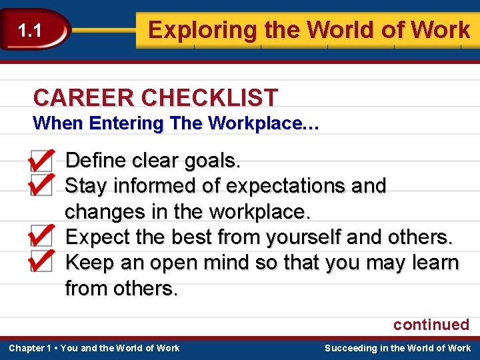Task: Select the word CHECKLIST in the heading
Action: coord(209,98)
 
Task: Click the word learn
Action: coord(434,263)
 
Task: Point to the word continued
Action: coord(431,325)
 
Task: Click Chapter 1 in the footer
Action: coord(30,348)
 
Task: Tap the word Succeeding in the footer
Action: coord(351,348)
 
